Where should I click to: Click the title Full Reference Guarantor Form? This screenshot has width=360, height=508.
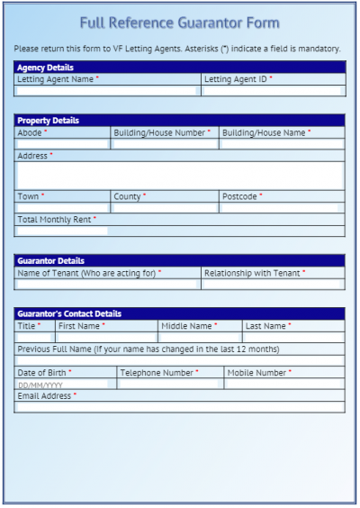point(179,23)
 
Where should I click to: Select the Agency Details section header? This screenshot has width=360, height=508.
point(45,68)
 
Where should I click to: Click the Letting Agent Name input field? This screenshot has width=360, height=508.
point(106,91)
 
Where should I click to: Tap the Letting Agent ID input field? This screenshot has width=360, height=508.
point(273,91)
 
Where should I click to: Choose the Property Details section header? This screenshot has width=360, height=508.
point(48,121)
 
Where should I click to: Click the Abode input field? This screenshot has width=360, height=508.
point(61,144)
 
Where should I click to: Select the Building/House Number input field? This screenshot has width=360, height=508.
point(164,144)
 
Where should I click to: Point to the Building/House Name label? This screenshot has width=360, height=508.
point(265,132)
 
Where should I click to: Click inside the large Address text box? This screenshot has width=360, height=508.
point(179,175)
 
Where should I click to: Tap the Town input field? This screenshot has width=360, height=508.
point(61,208)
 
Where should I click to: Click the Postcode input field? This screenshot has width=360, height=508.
point(281,208)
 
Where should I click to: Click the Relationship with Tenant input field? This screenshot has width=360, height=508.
point(273,284)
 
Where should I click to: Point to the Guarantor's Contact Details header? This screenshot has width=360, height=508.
point(69,313)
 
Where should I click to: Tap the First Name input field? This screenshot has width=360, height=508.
point(106,338)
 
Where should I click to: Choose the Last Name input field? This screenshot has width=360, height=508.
point(292,338)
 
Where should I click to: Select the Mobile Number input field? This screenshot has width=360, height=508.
point(283,384)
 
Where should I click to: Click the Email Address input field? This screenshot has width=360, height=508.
point(179,407)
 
